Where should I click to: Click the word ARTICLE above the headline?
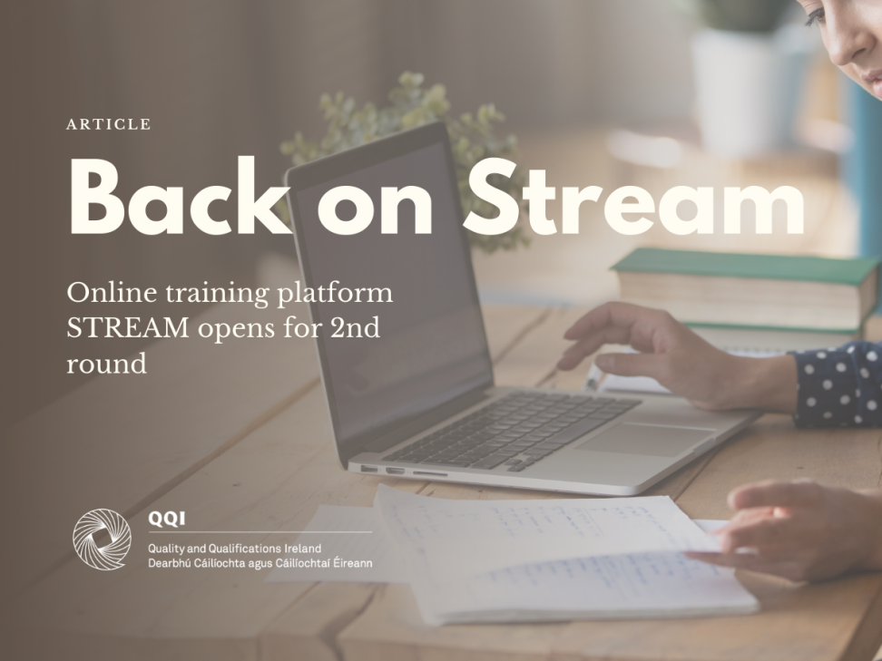[108, 124]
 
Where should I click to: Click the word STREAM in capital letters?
[128, 327]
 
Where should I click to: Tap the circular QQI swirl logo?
[102, 539]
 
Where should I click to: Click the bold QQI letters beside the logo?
[166, 519]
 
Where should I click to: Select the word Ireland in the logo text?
[303, 548]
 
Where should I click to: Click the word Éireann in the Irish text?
[352, 563]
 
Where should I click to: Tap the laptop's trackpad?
[645, 439]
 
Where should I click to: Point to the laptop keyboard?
[512, 431]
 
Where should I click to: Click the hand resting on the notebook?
[788, 531]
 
